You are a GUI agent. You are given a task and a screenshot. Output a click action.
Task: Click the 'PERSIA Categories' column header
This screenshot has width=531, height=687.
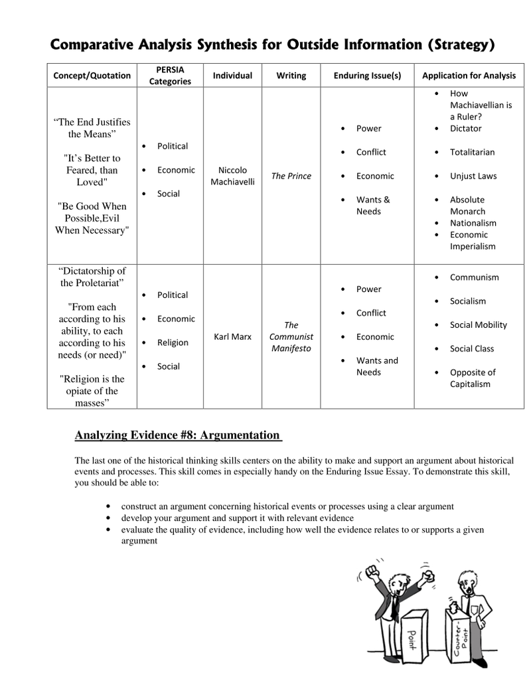click(x=170, y=75)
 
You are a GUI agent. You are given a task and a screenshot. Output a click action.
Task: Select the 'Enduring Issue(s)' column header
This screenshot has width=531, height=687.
click(x=367, y=76)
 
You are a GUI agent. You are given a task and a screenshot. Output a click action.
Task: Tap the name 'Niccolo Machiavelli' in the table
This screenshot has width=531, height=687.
click(x=232, y=176)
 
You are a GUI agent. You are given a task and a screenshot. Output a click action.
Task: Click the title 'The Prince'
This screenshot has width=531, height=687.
click(x=291, y=176)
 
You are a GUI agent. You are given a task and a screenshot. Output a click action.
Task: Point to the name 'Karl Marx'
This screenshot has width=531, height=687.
click(x=232, y=337)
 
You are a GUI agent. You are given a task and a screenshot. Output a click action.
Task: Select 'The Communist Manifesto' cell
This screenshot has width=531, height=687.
click(x=291, y=337)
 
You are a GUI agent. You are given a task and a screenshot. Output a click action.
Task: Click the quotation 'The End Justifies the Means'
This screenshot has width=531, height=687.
click(x=92, y=128)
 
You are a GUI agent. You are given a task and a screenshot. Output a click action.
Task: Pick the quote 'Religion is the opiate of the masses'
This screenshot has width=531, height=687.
click(x=92, y=391)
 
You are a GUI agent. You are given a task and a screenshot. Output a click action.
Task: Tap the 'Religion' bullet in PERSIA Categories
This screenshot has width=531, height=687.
click(x=173, y=343)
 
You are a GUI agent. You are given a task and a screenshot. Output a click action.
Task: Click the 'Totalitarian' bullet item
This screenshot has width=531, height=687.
click(x=472, y=152)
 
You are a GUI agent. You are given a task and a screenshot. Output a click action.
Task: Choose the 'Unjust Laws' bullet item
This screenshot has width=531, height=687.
click(x=473, y=176)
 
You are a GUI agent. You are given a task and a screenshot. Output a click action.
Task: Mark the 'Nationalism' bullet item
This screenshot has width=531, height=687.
click(x=473, y=223)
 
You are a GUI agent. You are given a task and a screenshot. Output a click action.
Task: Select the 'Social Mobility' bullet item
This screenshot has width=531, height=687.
click(x=478, y=325)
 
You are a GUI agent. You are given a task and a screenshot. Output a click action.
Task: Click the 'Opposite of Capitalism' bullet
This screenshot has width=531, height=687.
click(x=473, y=378)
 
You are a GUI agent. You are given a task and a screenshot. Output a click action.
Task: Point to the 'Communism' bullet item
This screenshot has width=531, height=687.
click(x=474, y=277)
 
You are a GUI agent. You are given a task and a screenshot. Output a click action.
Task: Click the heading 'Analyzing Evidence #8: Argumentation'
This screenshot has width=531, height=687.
click(x=177, y=435)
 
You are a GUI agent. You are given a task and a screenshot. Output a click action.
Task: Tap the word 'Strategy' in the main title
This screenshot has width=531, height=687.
click(x=461, y=45)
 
